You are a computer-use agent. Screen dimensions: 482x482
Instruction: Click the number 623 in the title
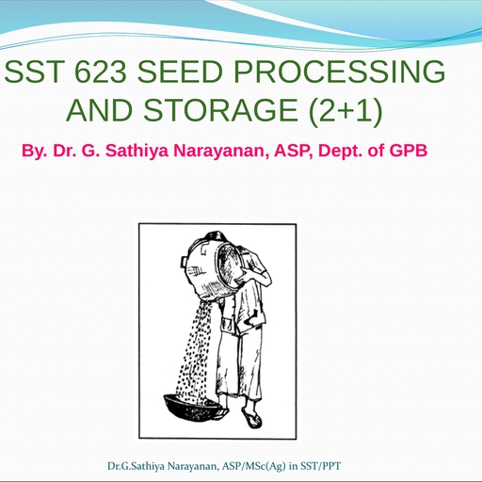coord(101,72)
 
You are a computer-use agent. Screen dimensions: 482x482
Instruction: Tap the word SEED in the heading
coord(181,72)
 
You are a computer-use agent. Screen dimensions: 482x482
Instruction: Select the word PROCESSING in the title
coord(340,72)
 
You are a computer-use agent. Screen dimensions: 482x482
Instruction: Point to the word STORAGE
coord(220,110)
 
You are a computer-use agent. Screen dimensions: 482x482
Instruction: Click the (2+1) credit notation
coord(345,110)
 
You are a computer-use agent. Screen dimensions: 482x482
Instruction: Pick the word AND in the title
coord(99,110)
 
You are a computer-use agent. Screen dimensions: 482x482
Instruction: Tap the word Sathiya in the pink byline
coord(137,151)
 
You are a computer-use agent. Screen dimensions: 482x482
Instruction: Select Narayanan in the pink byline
coord(221,151)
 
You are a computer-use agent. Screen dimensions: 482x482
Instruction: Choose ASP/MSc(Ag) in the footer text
coord(254,466)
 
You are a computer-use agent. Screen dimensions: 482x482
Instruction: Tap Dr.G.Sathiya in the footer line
coord(136,466)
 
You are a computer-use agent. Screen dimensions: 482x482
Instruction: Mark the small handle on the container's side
coord(184,262)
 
